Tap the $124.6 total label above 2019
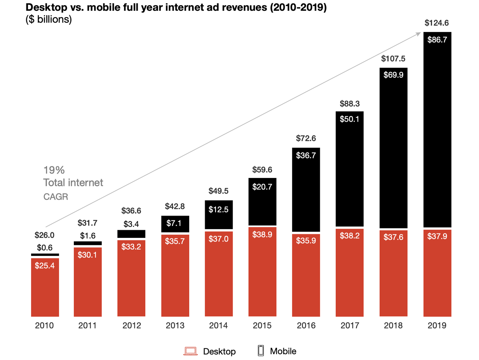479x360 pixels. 437,23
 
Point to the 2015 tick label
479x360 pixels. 262,326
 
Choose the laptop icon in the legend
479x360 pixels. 191,351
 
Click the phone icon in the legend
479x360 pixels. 261,351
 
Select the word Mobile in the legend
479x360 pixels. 283,351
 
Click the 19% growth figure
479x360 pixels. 54,170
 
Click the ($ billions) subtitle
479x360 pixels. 48,20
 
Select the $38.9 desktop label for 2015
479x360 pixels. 262,235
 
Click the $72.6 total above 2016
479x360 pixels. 306,138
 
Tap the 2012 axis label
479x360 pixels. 132,326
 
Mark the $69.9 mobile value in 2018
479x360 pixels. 393,74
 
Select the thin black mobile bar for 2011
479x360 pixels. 88,243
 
